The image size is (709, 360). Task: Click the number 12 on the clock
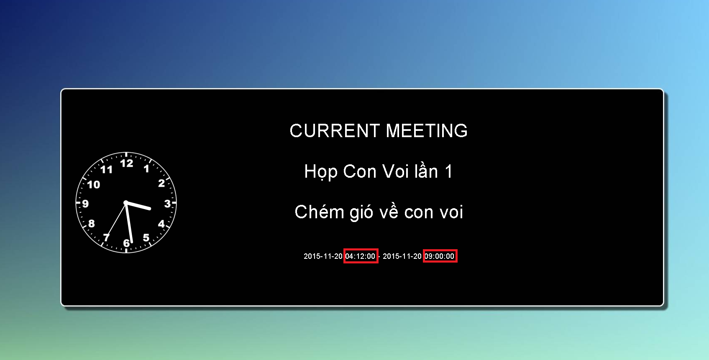click(127, 163)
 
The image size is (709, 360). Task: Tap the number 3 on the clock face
click(167, 204)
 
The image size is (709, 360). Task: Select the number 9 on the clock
click(85, 204)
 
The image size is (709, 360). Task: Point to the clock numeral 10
click(93, 184)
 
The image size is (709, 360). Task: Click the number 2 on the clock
click(161, 183)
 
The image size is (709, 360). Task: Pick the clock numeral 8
click(92, 224)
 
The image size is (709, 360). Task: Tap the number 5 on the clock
click(146, 237)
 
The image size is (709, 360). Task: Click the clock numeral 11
click(106, 170)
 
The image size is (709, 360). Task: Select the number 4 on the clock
click(161, 224)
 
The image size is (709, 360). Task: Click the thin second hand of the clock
click(116, 220)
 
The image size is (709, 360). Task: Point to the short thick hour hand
click(138, 205)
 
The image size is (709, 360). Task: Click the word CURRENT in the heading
click(335, 130)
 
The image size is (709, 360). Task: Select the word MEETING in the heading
click(427, 130)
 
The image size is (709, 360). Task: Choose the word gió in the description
click(361, 212)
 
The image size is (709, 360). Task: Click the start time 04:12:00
click(360, 256)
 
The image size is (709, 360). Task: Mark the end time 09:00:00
click(439, 256)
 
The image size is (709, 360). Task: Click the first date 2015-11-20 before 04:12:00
click(323, 256)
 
